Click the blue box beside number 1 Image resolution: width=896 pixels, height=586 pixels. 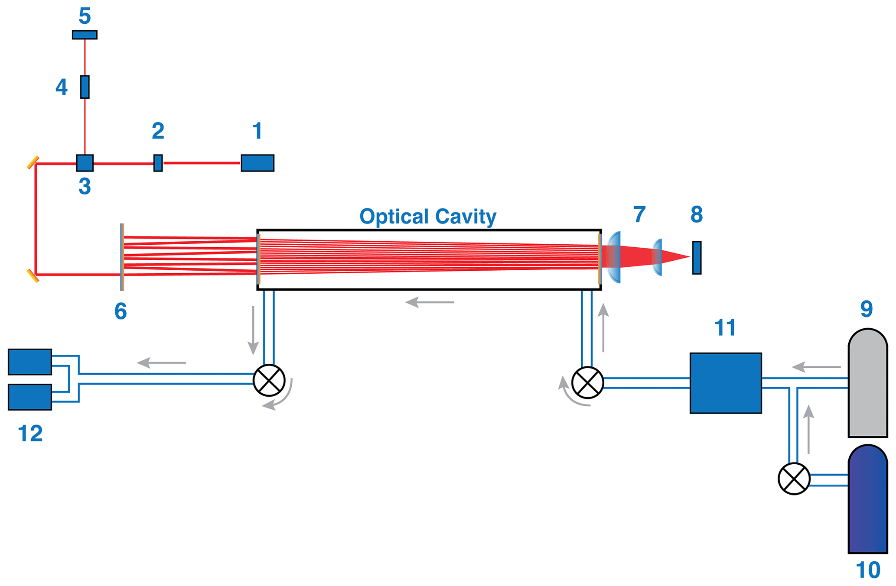click(x=257, y=163)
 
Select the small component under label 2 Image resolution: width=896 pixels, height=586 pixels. click(x=158, y=163)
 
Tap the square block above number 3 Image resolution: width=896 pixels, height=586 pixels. click(x=85, y=163)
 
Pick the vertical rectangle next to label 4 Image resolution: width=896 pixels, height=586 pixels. click(x=85, y=87)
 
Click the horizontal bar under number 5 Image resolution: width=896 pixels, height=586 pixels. click(x=85, y=35)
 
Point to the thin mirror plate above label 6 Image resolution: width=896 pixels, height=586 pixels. click(x=122, y=257)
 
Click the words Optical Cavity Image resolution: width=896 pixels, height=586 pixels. click(x=428, y=216)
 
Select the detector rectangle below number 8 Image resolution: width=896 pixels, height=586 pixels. click(x=697, y=258)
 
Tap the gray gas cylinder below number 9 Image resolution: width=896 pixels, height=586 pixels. click(x=867, y=383)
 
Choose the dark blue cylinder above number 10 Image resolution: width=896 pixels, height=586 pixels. click(x=867, y=500)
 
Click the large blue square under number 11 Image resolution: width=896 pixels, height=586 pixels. click(x=726, y=383)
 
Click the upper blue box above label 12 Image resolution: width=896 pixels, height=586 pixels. click(x=30, y=362)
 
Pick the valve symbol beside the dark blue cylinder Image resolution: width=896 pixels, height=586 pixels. click(x=794, y=479)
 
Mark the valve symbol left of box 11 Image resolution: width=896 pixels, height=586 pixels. click(x=588, y=383)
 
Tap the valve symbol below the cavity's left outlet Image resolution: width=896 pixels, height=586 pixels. click(x=269, y=380)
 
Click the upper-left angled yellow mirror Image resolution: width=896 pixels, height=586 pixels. click(x=33, y=163)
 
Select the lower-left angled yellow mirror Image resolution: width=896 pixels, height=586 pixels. click(x=33, y=276)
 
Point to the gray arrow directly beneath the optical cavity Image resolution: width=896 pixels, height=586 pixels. click(x=430, y=302)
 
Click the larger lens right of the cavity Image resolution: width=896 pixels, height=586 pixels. click(x=614, y=257)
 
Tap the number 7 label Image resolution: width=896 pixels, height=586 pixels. click(x=639, y=214)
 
